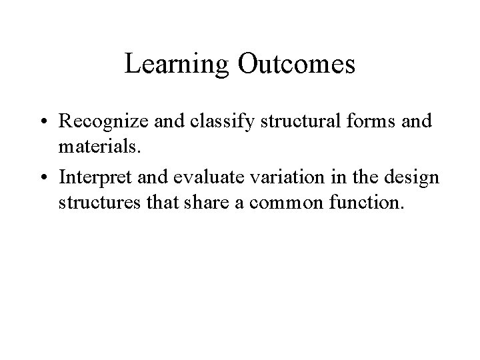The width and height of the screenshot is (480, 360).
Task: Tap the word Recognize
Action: click(99, 123)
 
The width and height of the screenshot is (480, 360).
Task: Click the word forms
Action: click(358, 123)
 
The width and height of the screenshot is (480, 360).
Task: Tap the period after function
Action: click(402, 207)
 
